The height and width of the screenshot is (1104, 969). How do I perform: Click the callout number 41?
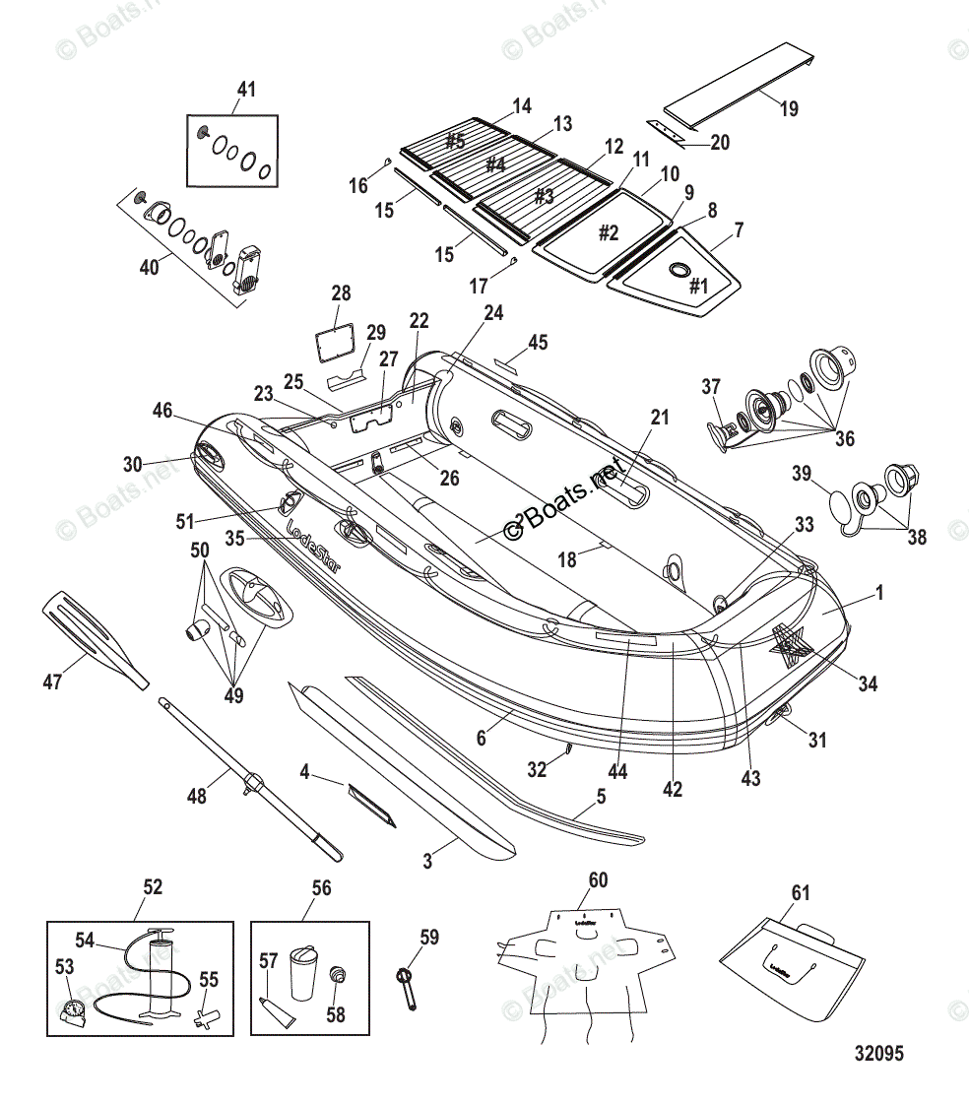click(245, 90)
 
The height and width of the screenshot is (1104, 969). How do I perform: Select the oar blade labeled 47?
click(91, 636)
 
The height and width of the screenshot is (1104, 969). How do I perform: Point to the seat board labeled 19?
click(739, 86)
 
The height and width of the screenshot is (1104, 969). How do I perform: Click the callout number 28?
click(341, 293)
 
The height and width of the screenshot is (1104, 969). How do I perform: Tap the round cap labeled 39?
click(839, 506)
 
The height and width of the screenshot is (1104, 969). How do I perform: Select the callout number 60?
click(598, 879)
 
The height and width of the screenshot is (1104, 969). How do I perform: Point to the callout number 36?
click(844, 438)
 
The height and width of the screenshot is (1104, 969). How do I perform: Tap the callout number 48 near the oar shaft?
click(197, 796)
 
